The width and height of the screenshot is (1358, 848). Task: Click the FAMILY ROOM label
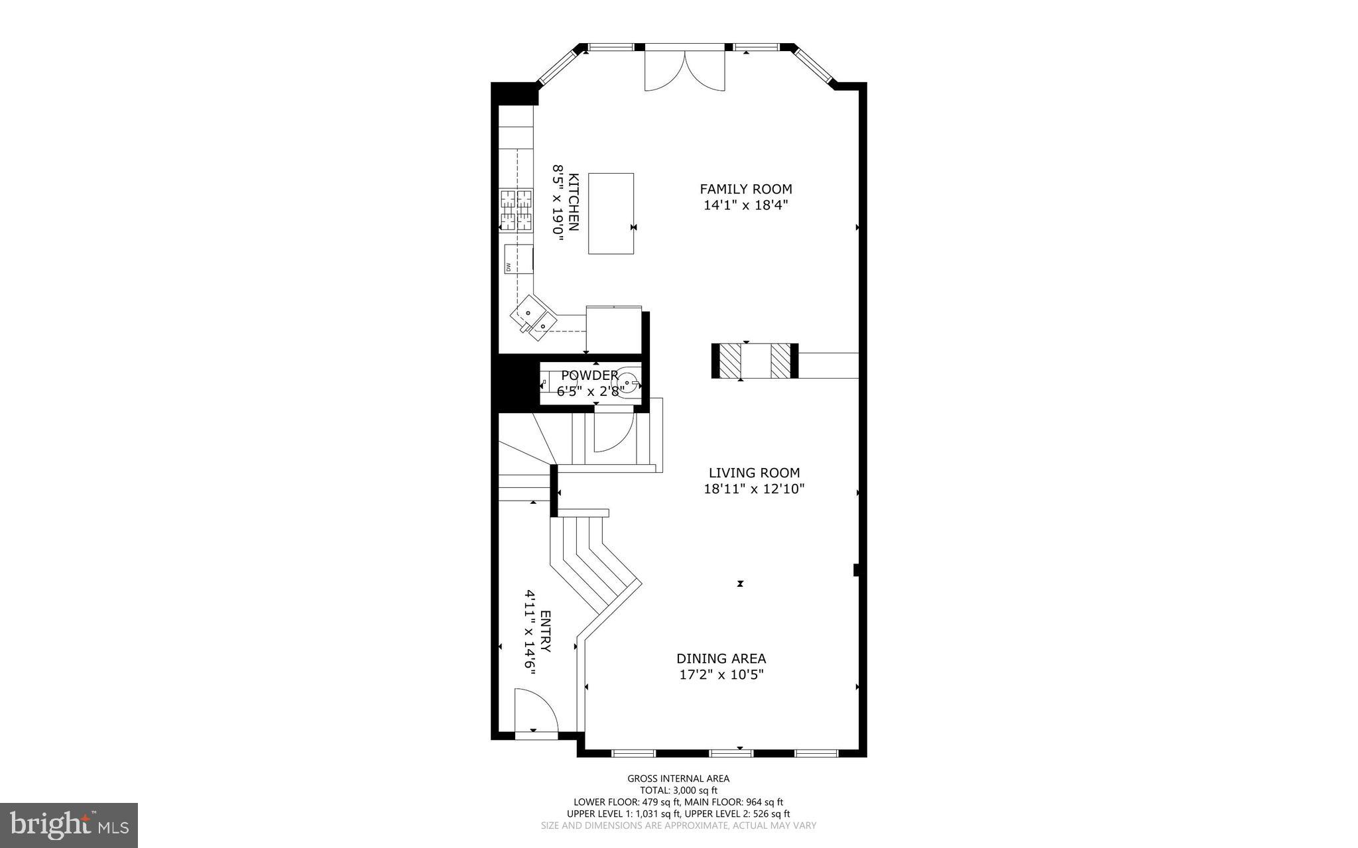pos(746,190)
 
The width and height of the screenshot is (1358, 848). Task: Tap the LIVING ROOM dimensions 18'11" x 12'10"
pos(754,489)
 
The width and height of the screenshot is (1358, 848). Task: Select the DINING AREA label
pos(721,658)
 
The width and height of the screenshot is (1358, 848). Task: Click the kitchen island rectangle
pos(611,213)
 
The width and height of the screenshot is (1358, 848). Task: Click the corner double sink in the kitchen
pos(532,318)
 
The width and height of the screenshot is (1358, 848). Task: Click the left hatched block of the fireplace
pos(730,361)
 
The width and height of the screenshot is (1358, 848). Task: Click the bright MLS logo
pos(69,825)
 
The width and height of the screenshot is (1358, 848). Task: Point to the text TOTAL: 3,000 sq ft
pos(678,790)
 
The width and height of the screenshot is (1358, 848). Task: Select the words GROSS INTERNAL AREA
pos(678,778)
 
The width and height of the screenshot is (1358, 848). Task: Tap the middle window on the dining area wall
pos(731,753)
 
